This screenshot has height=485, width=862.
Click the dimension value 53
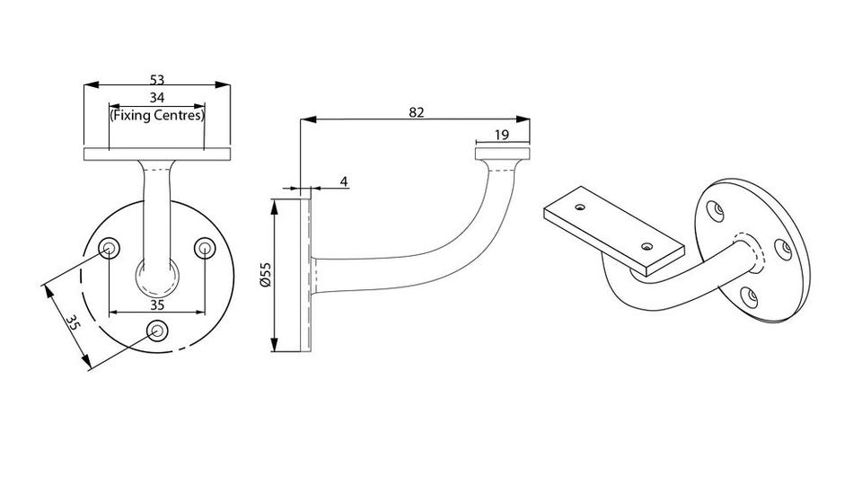point(157,80)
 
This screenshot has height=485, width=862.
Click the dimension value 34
point(157,98)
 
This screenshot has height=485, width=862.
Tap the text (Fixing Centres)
point(157,116)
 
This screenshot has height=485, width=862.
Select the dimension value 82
point(417,112)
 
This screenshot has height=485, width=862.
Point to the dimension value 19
point(502,135)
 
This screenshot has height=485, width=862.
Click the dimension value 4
point(344,181)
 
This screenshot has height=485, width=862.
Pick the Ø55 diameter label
point(266,275)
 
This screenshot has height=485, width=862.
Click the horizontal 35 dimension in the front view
point(157,305)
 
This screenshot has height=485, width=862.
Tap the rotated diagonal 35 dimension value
point(73,322)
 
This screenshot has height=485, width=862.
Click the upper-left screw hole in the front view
point(110,249)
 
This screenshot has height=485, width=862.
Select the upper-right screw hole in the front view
point(205,249)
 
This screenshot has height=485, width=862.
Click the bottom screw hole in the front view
point(158,330)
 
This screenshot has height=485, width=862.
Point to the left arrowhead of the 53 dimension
point(91,84)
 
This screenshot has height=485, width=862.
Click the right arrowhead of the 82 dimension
point(523,119)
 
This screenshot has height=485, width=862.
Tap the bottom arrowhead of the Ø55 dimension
point(275,345)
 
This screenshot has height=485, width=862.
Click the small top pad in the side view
point(503,154)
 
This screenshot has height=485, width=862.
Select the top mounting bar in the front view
point(157,154)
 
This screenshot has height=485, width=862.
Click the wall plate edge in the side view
point(305,276)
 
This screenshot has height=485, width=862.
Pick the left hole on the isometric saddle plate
point(580,207)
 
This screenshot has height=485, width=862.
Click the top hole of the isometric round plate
point(715,210)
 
